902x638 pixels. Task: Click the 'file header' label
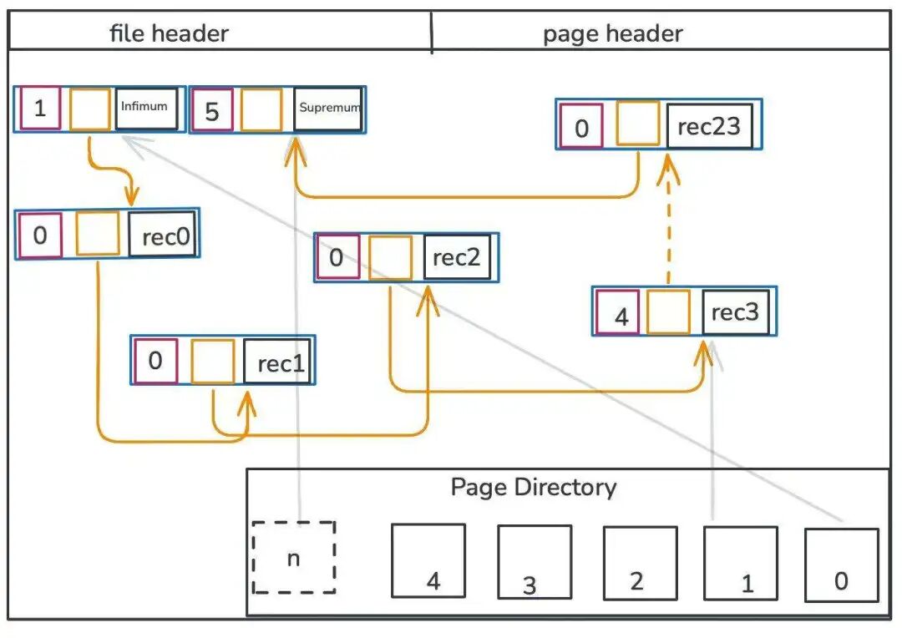point(169,34)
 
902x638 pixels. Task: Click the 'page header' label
point(612,34)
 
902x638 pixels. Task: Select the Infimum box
point(146,109)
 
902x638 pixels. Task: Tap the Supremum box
point(328,109)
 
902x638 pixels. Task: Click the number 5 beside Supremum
point(211,111)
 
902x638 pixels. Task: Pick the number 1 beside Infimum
point(39,109)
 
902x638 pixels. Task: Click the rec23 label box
point(709,127)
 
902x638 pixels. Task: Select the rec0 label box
point(162,235)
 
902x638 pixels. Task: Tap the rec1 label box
point(277,362)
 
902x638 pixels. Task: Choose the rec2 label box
point(456,257)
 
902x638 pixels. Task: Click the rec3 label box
point(735,311)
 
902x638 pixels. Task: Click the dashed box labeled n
point(294,557)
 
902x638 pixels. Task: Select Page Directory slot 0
point(841,565)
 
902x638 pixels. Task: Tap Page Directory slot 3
point(534,561)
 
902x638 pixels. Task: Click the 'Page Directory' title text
point(533,487)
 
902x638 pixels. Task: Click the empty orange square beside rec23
point(637,124)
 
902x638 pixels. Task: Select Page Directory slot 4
point(428,560)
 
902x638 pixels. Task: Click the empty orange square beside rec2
point(391,258)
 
